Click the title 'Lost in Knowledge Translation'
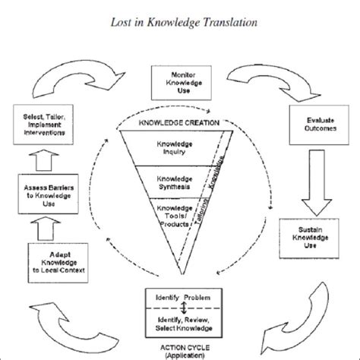[x=180, y=19]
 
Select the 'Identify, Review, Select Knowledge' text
[x=179, y=322]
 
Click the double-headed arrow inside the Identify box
[x=179, y=307]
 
